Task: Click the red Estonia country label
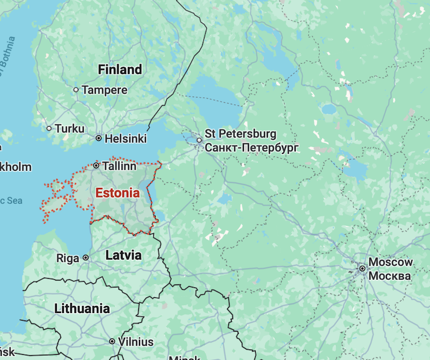(117, 193)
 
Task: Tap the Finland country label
(120, 70)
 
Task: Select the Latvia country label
(123, 255)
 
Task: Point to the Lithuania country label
(82, 308)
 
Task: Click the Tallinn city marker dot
(96, 165)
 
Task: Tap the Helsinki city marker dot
(99, 138)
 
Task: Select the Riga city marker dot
(85, 257)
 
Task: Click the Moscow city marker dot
(362, 268)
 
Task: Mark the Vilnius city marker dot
(112, 341)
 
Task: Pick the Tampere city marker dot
(76, 89)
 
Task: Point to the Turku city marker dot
(49, 128)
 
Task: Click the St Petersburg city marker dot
(199, 140)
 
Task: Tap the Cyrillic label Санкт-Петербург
(252, 147)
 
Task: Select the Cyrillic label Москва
(390, 276)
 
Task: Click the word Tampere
(105, 90)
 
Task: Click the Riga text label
(68, 257)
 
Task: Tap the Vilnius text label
(136, 342)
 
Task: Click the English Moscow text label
(390, 262)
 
